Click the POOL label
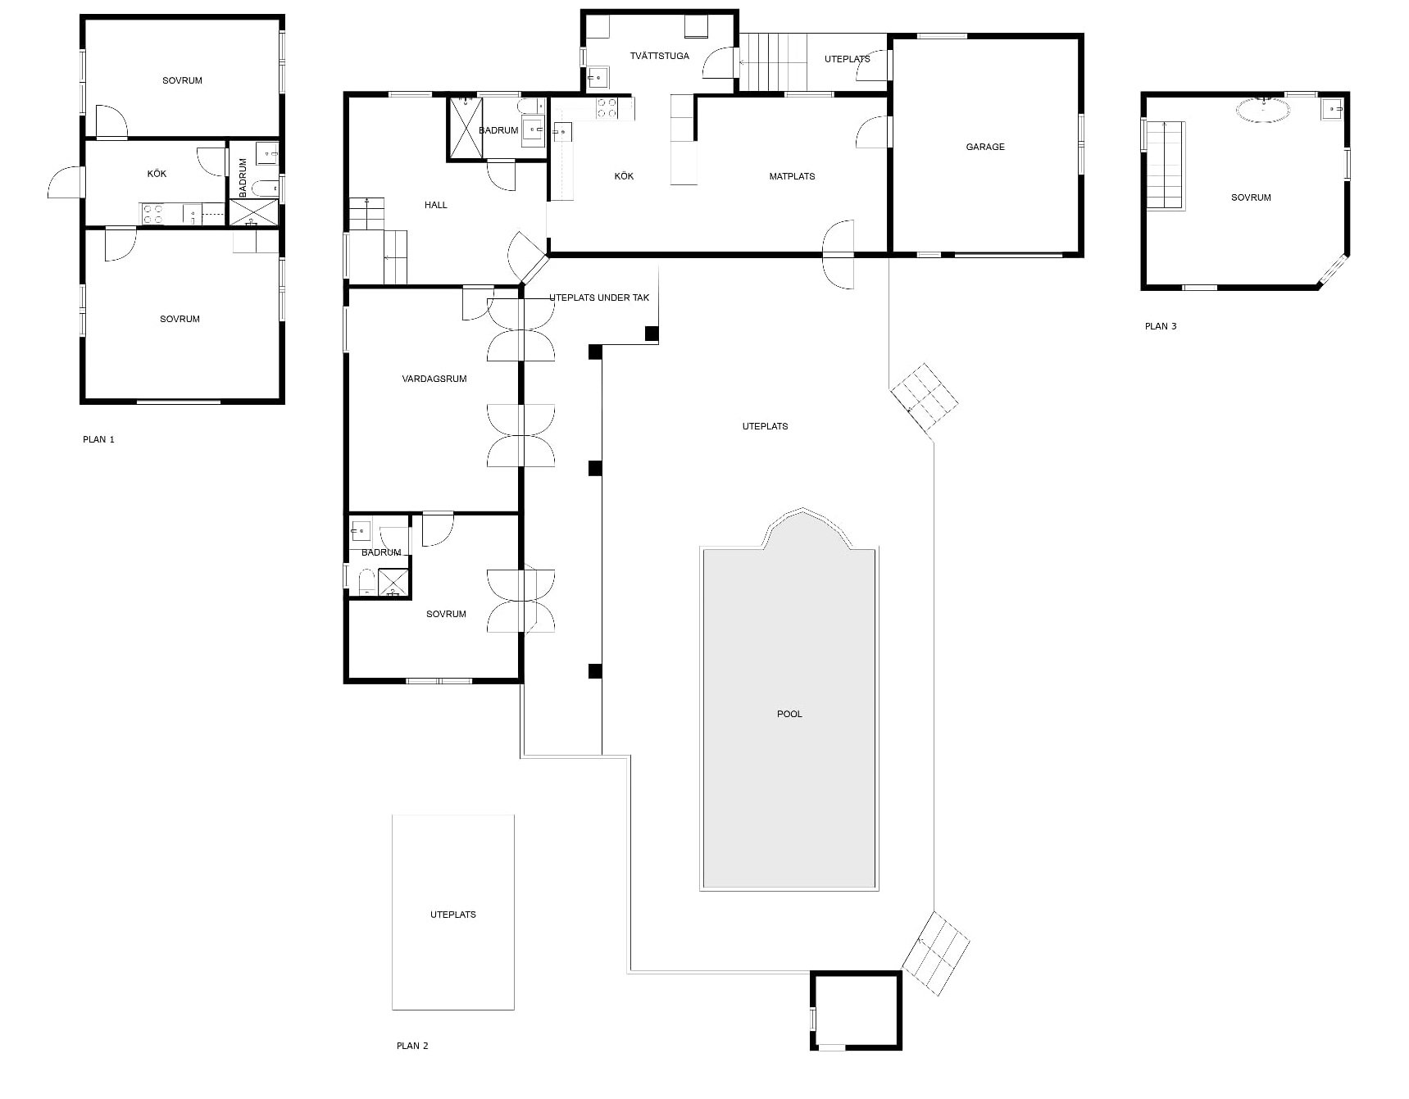coord(789,714)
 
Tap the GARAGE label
coord(984,147)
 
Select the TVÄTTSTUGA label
coord(660,56)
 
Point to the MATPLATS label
coord(792,176)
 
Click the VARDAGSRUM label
coord(434,379)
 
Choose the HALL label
coord(436,205)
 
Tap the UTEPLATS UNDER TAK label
coord(599,297)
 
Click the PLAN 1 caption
coord(98,439)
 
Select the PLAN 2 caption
coord(412,1046)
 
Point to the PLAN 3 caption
coord(1161,326)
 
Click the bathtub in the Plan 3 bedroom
coord(1262,110)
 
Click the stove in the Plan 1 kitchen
coord(153,214)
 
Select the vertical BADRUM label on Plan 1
coord(243,178)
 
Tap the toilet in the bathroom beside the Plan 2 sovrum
coord(366,583)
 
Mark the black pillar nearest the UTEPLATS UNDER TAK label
coord(652,334)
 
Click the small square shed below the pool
coord(857,1010)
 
